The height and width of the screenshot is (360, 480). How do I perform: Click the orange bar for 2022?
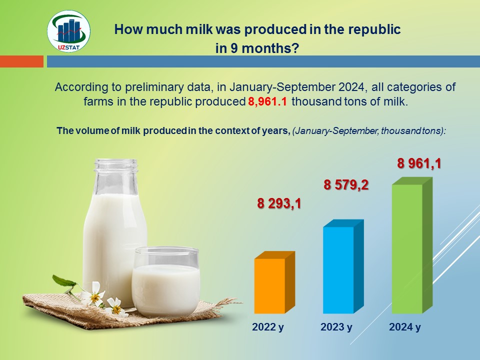pos(274,282)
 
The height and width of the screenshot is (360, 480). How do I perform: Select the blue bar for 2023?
pos(343,266)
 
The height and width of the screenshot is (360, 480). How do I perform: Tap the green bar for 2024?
pos(412,245)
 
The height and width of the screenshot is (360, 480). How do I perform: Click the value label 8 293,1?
pos(279,203)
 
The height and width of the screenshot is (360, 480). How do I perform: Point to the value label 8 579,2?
pos(346,185)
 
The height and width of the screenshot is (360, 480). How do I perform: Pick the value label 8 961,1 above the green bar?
pos(419,163)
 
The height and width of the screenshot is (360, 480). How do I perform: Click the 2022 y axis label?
pos(268,327)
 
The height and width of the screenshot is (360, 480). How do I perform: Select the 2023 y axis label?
pos(336,327)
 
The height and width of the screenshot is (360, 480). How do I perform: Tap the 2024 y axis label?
pos(405,327)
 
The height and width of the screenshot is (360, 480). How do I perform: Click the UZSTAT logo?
pos(68,31)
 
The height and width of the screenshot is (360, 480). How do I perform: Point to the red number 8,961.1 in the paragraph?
pos(267,101)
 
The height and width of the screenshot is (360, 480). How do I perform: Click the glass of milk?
pos(166,281)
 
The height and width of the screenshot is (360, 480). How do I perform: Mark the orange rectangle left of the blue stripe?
pos(21,61)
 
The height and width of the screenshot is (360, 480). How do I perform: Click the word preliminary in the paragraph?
pos(168,87)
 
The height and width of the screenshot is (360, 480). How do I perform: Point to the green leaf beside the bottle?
pos(63,280)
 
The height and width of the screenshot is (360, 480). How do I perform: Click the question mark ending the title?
pos(295,48)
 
